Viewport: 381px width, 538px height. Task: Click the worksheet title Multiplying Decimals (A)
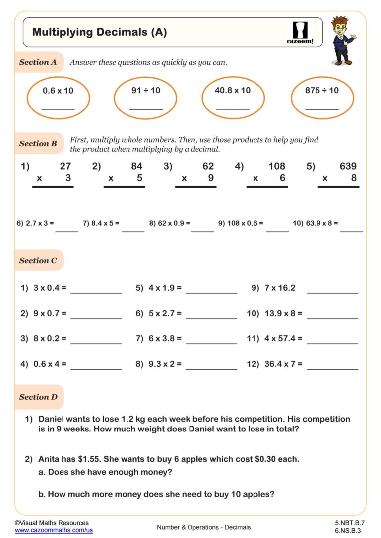[99, 32]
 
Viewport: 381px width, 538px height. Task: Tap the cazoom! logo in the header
[300, 33]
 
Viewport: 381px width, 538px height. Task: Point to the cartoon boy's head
[341, 27]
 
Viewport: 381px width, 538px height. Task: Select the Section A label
[38, 62]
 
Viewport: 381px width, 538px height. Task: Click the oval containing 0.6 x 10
[58, 98]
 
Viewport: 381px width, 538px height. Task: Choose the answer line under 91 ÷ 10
[146, 109]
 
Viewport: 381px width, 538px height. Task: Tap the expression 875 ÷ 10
[322, 90]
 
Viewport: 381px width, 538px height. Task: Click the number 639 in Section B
[348, 166]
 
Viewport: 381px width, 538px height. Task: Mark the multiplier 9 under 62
[211, 178]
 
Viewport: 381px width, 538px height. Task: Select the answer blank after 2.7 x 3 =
[66, 231]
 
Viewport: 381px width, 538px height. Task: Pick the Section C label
[38, 261]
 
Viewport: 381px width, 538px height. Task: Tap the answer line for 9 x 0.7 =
[96, 318]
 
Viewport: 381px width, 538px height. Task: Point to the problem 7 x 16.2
[273, 288]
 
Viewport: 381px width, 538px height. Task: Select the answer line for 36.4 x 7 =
[332, 369]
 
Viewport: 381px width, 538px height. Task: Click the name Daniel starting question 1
[52, 419]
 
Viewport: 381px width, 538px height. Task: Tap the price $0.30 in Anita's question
[268, 459]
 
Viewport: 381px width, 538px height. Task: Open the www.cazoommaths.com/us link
[54, 530]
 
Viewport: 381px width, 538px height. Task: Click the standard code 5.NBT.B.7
[350, 523]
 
